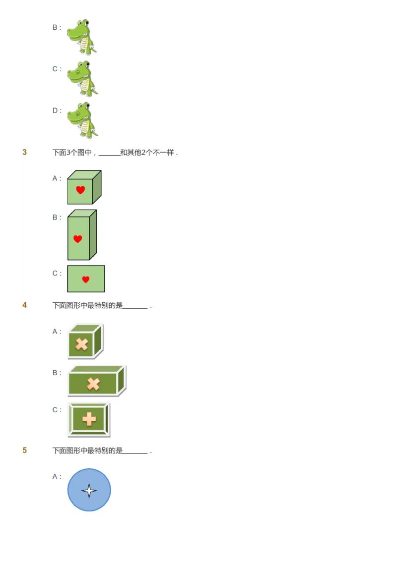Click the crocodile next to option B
(82, 36)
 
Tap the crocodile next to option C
(82, 78)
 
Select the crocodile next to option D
(82, 120)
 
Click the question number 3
(25, 152)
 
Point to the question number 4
(25, 305)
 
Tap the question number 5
(25, 450)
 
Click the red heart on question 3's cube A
(80, 189)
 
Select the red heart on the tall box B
(77, 239)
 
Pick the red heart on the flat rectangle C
(86, 280)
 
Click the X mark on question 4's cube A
(81, 344)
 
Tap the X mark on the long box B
(93, 384)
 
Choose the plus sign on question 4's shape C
(89, 420)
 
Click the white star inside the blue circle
(89, 491)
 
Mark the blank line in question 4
(135, 307)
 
